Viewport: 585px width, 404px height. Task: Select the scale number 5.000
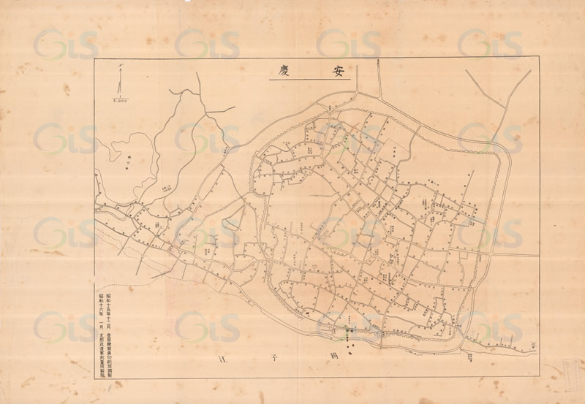tap(120, 101)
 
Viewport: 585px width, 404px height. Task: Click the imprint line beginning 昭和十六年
tap(101, 337)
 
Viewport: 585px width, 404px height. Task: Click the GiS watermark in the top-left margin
tap(66, 44)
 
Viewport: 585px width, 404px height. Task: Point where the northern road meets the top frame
tap(377, 58)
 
